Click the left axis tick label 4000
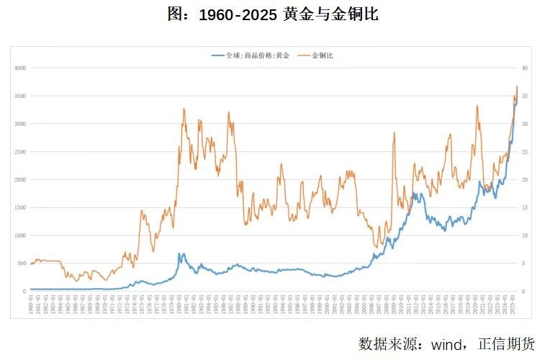[19, 68]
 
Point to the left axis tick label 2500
[19, 151]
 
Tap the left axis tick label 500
[21, 264]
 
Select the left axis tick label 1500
[19, 207]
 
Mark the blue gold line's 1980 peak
[181, 253]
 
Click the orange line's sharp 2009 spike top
[394, 132]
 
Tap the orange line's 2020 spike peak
[477, 106]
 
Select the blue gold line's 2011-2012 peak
[415, 193]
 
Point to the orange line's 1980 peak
[184, 109]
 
